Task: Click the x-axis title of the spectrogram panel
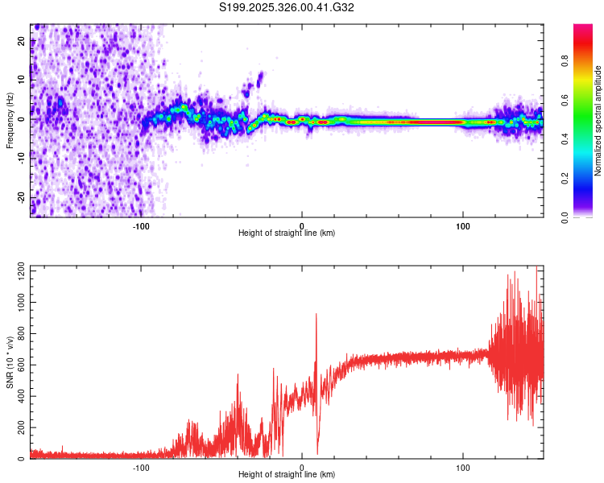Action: (287, 233)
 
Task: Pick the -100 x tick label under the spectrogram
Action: (142, 225)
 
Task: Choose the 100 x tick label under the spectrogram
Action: (463, 225)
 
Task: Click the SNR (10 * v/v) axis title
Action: (10, 362)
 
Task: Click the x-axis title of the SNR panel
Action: (287, 474)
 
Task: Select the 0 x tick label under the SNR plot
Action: (302, 467)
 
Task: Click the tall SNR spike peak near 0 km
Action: (316, 315)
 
